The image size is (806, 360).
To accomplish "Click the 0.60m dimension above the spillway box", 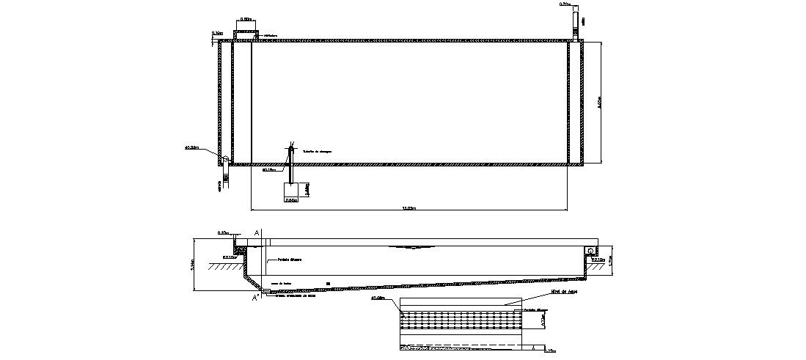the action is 246,19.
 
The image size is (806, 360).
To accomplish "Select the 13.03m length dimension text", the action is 409,209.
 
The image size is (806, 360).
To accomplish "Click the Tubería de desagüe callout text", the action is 317,151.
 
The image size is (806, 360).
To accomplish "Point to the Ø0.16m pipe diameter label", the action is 268,169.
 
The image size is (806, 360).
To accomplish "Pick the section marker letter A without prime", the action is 257,232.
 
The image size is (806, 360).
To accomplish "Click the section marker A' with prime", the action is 256,298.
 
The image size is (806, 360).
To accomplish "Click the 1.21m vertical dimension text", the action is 609,260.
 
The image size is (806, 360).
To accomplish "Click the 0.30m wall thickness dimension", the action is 217,33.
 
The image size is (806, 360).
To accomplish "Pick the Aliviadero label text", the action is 271,33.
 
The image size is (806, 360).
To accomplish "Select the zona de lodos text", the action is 281,282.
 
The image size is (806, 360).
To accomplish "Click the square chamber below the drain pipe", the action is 290,191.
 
